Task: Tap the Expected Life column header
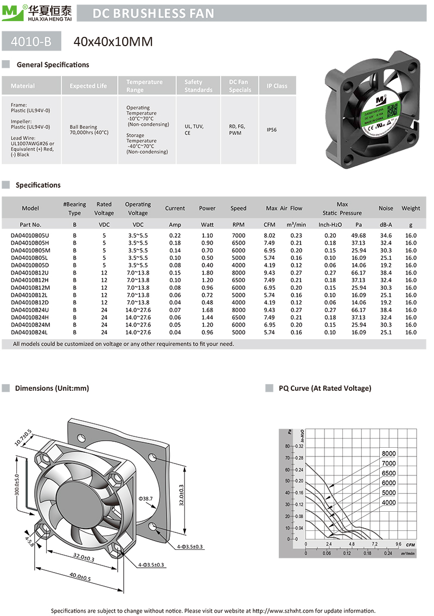coord(88,86)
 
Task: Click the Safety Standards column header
coord(198,86)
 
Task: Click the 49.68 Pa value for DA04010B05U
coord(359,235)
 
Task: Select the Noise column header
coord(386,208)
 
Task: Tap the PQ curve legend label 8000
coord(388,454)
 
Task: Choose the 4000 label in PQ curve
coord(388,503)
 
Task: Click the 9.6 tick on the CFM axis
coord(398,544)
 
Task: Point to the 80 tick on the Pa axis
coord(288,446)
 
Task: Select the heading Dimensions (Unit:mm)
coord(52,388)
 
